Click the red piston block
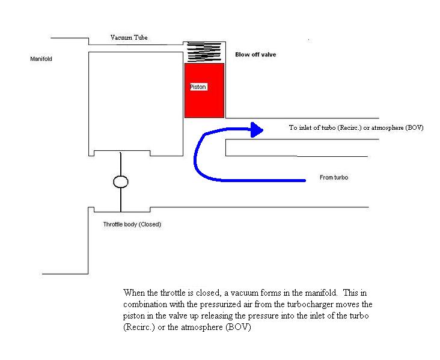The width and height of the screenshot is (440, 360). (x=204, y=102)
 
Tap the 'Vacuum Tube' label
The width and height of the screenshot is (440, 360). (x=129, y=38)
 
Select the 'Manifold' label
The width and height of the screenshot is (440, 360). (x=40, y=59)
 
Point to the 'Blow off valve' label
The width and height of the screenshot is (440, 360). (x=255, y=55)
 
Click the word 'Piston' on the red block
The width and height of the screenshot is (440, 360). (x=198, y=87)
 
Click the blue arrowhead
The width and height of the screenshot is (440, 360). (x=257, y=129)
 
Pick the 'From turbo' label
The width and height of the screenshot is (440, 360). (x=335, y=178)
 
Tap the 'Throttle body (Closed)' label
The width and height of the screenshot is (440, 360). (x=132, y=224)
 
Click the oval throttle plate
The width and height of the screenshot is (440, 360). (x=120, y=182)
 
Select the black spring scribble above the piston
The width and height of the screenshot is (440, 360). (x=204, y=52)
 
